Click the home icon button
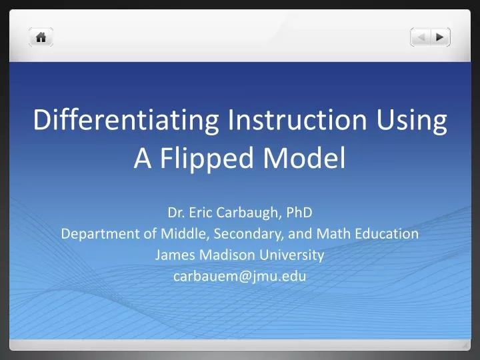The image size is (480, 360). pyautogui.click(x=41, y=38)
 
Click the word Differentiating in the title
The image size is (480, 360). pyautogui.click(x=126, y=121)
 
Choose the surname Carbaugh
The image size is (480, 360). pyautogui.click(x=250, y=213)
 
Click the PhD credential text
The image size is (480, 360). pyautogui.click(x=299, y=213)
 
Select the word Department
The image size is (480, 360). pyautogui.click(x=92, y=234)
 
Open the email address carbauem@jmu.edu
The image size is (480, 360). pyautogui.click(x=240, y=276)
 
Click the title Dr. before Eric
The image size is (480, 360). pyautogui.click(x=176, y=213)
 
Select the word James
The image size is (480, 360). pyautogui.click(x=171, y=255)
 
